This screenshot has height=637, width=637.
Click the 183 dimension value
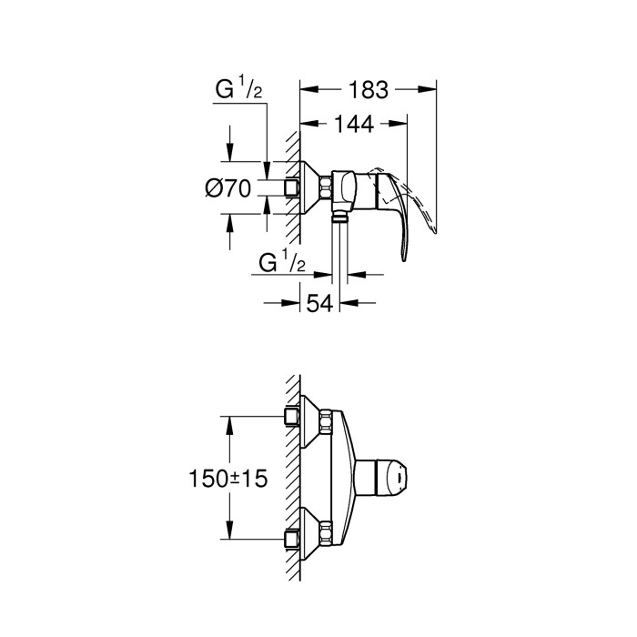[368, 89]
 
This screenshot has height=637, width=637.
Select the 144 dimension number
[353, 126]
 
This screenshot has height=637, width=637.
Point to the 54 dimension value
[319, 304]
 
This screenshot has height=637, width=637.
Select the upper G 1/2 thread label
[238, 91]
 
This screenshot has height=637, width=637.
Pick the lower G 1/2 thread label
[281, 263]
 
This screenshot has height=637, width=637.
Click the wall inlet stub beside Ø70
[291, 188]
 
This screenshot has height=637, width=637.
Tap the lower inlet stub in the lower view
[293, 540]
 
